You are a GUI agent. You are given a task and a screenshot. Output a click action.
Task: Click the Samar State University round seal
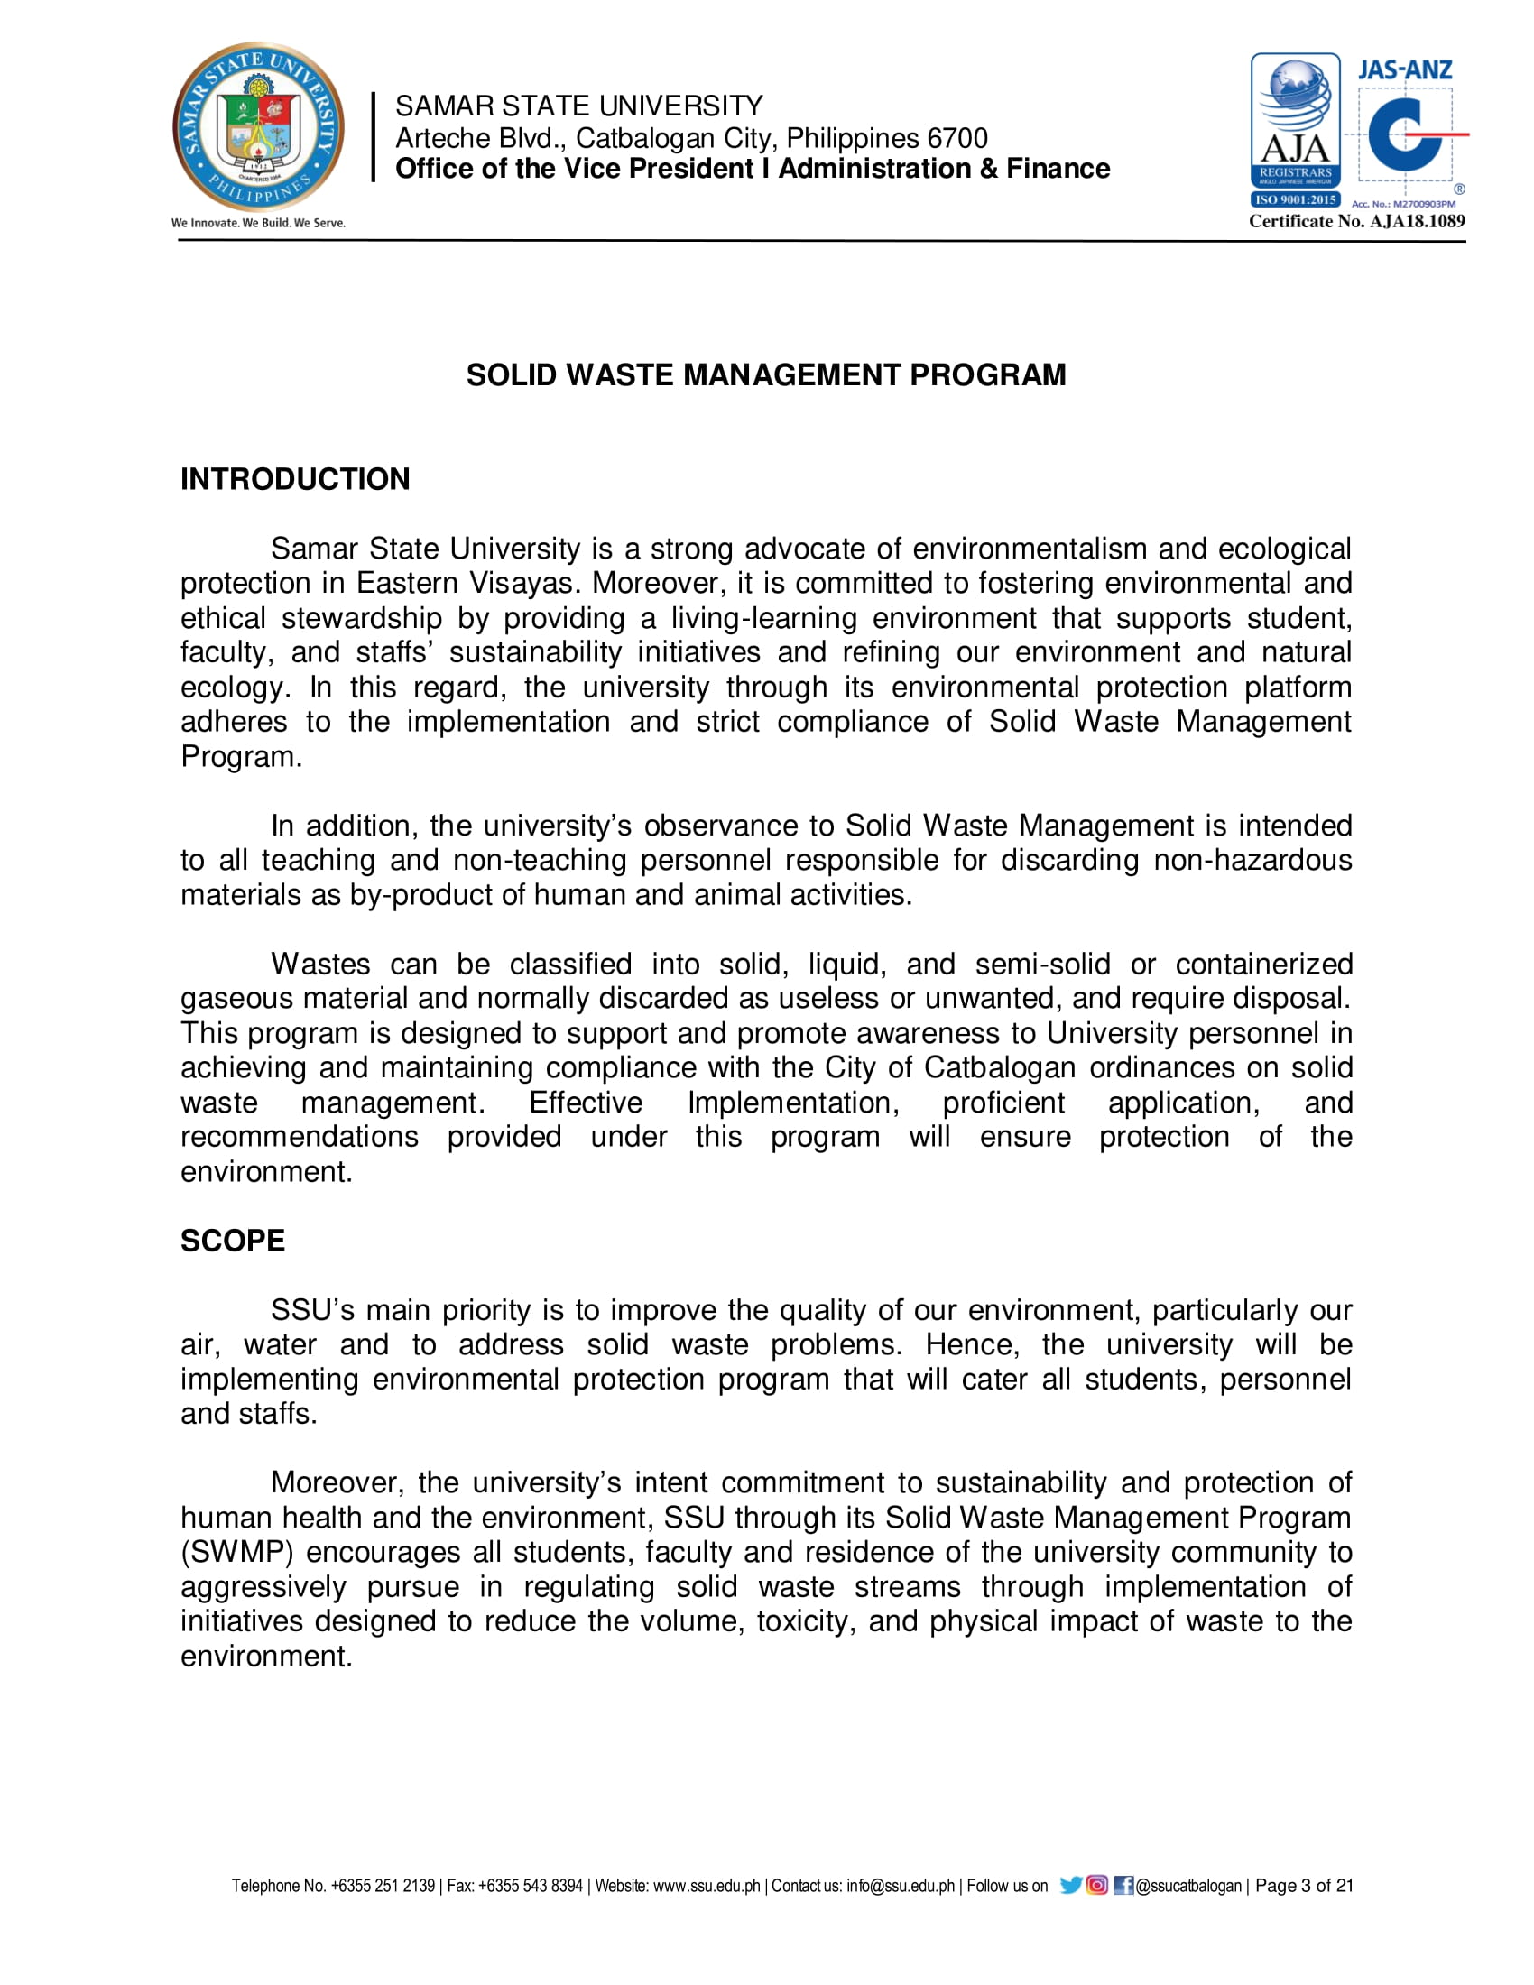(x=258, y=126)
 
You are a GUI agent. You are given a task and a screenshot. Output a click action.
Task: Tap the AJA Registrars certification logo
(x=1295, y=130)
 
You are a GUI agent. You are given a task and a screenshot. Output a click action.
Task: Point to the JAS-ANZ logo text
(x=1404, y=70)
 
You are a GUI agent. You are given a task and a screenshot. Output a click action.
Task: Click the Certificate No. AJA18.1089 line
(x=1356, y=221)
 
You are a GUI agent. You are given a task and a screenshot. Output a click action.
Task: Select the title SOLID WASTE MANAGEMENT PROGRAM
(x=766, y=375)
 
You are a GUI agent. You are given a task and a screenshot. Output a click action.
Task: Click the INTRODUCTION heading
(x=295, y=479)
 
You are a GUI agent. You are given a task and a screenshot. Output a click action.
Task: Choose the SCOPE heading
(x=233, y=1241)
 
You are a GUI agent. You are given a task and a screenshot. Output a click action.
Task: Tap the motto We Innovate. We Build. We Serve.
(x=258, y=223)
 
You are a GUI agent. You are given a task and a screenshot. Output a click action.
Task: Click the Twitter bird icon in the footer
(x=1070, y=1885)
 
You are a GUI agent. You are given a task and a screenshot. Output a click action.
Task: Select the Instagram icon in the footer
(x=1097, y=1885)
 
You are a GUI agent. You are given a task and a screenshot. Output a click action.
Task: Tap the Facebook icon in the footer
(x=1123, y=1885)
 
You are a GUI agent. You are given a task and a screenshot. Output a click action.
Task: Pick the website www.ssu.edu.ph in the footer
(x=707, y=1886)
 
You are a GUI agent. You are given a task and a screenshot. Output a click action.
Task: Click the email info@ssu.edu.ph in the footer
(x=900, y=1886)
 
